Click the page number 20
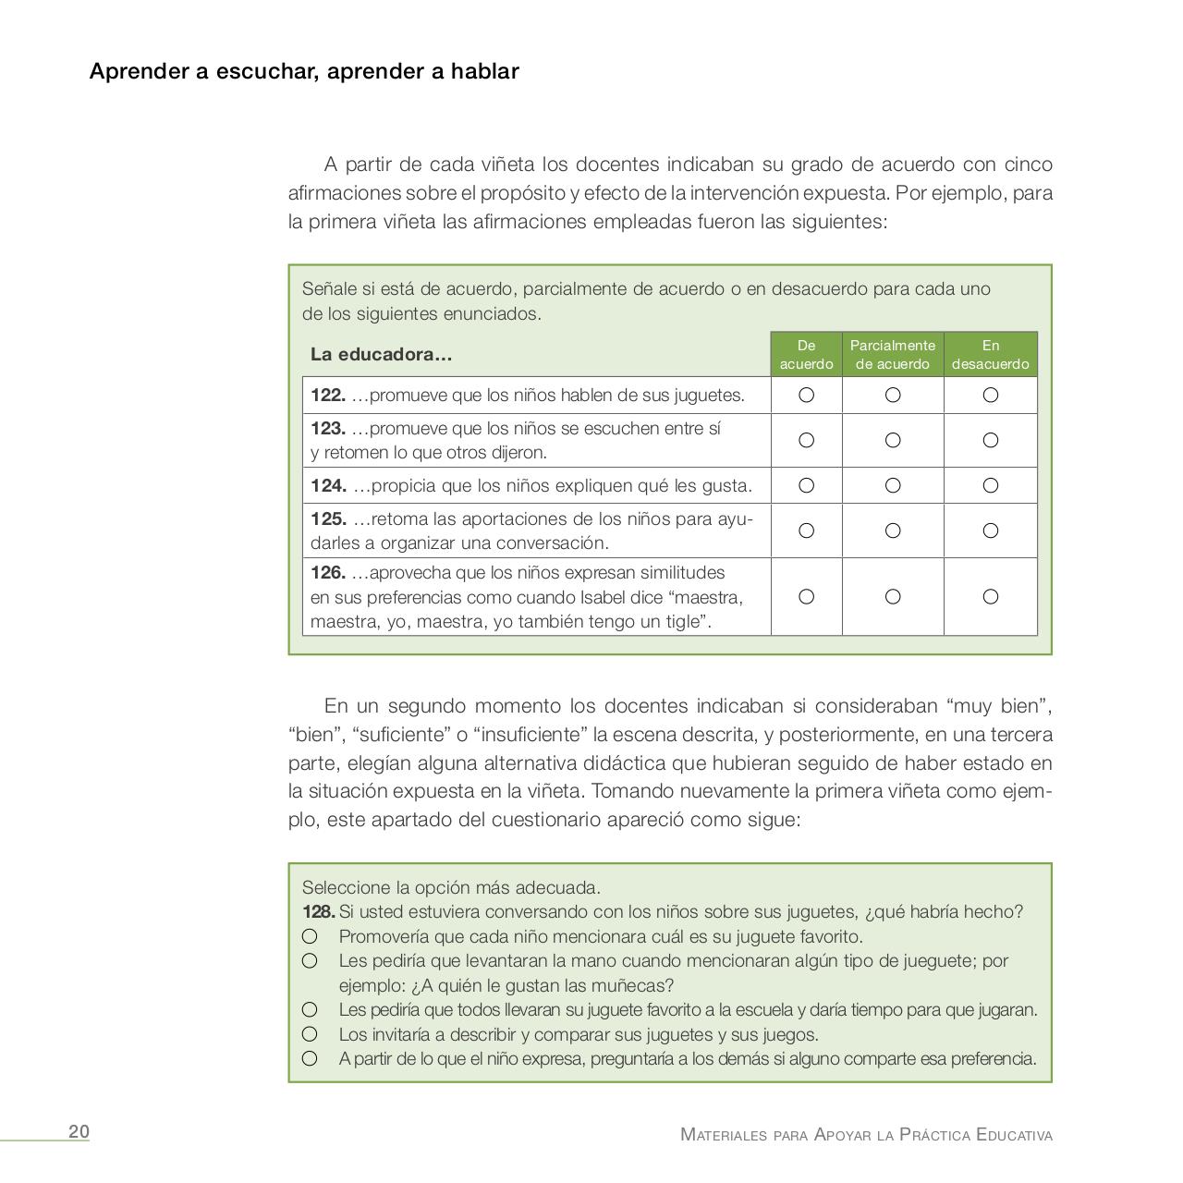[x=79, y=1132]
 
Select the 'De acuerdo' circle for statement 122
[x=806, y=396]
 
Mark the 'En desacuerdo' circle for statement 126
[x=990, y=597]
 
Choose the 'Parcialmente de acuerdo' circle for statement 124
[x=893, y=485]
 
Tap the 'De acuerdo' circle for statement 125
[x=806, y=531]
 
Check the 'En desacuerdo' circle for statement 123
[x=990, y=441]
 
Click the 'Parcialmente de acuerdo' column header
[x=893, y=355]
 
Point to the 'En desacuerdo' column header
[x=990, y=355]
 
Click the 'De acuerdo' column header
[x=806, y=355]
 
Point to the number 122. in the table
[x=328, y=396]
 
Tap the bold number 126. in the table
[x=328, y=573]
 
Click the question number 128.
[x=318, y=912]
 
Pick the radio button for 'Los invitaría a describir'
[x=310, y=1034]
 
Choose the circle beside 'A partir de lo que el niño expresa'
[x=310, y=1059]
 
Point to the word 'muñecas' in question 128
[x=636, y=985]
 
